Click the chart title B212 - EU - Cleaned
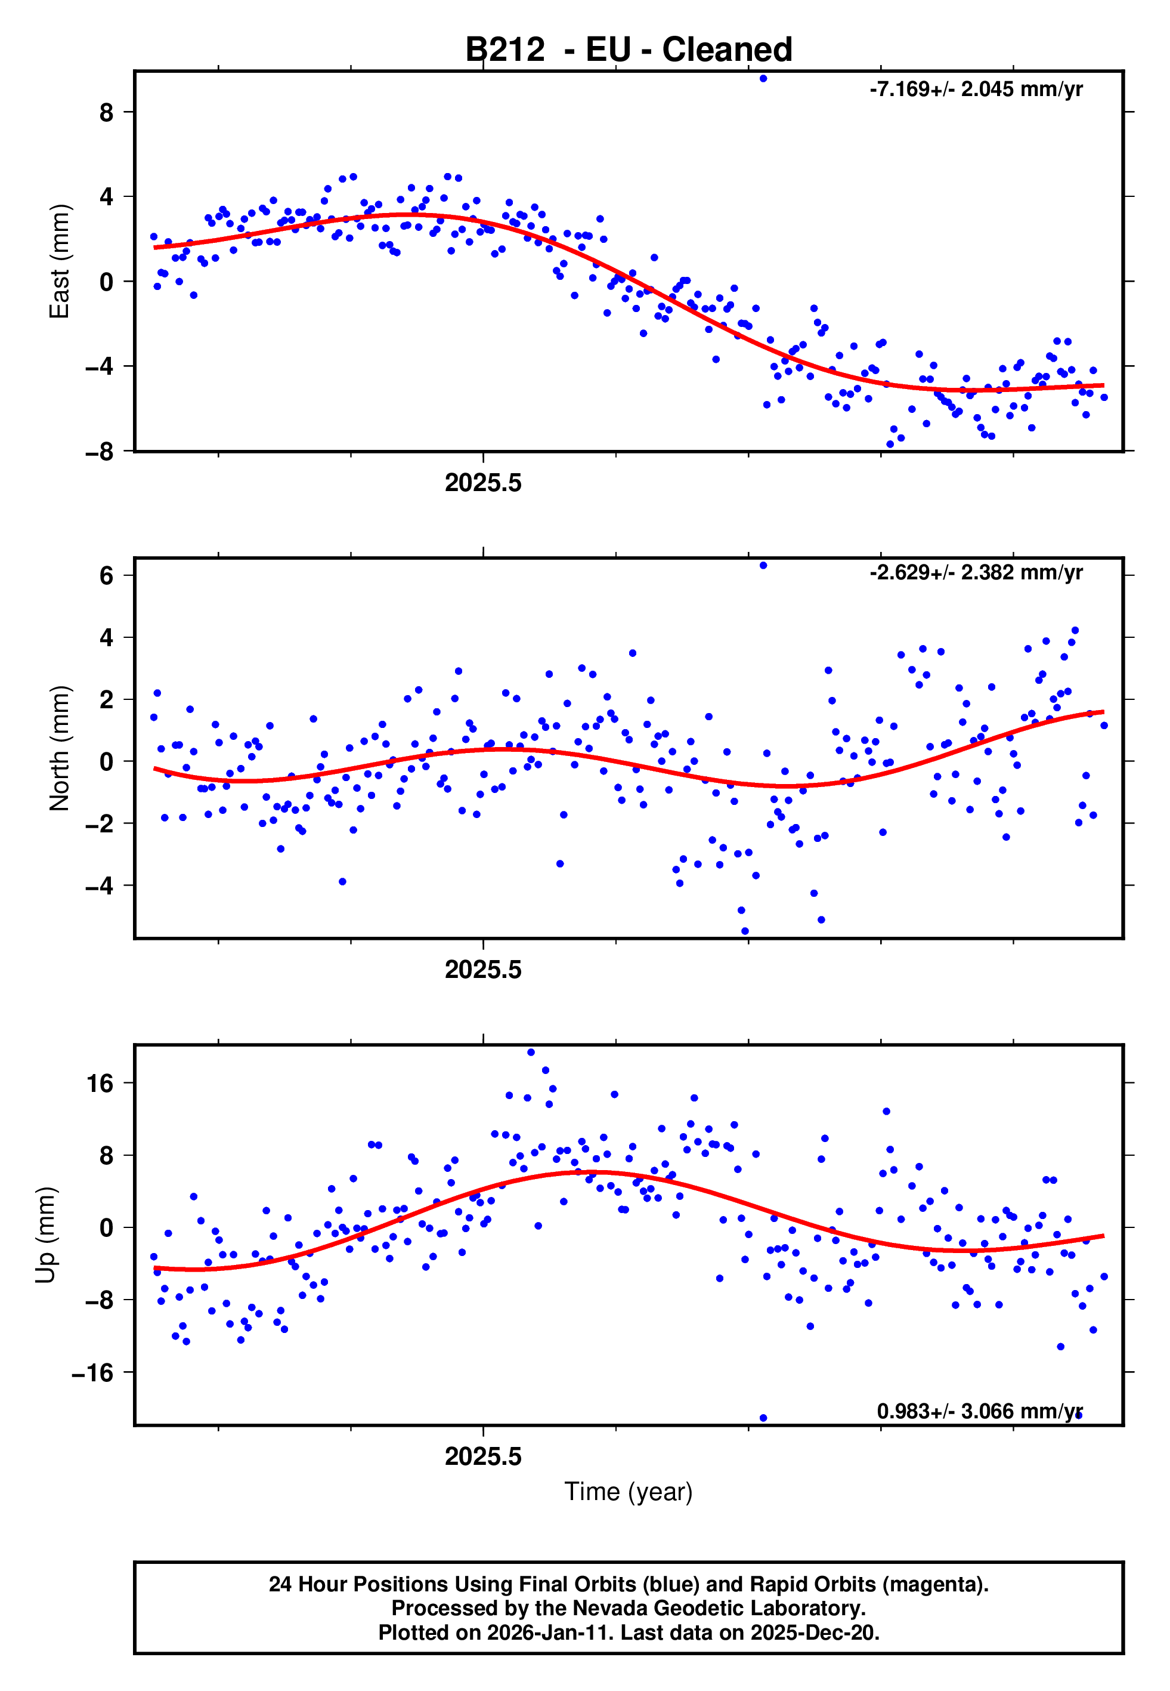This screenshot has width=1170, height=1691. pyautogui.click(x=629, y=50)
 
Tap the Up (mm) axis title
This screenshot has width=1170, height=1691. pyautogui.click(x=45, y=1235)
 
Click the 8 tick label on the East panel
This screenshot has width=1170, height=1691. pyautogui.click(x=107, y=112)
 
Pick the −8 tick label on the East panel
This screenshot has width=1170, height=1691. pyautogui.click(x=100, y=452)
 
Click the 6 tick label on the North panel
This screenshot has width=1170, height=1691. pyautogui.click(x=107, y=576)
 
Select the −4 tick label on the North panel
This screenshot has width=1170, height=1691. pyautogui.click(x=100, y=886)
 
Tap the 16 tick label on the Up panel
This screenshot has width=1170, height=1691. pyautogui.click(x=100, y=1083)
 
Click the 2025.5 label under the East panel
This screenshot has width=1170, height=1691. pyautogui.click(x=483, y=483)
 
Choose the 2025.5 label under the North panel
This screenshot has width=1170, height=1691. pyautogui.click(x=483, y=970)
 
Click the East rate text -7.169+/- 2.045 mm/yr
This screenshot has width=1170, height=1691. pyautogui.click(x=976, y=90)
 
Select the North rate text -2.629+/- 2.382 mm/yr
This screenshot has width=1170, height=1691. pyautogui.click(x=976, y=572)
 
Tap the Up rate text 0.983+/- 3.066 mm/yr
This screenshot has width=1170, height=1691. pyautogui.click(x=979, y=1411)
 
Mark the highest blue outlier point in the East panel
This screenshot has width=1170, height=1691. pyautogui.click(x=763, y=78)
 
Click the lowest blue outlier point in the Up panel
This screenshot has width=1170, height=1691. pyautogui.click(x=763, y=1418)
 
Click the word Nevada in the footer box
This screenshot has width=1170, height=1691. pyautogui.click(x=608, y=1608)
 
